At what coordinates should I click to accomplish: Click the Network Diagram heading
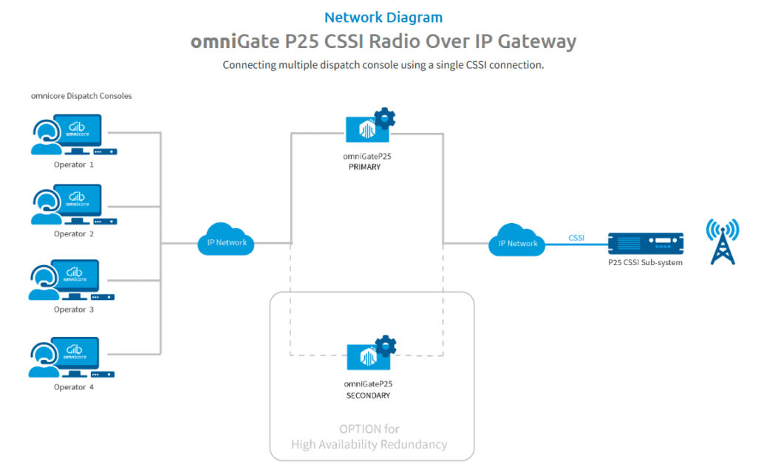point(383,17)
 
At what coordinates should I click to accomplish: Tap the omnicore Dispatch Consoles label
point(81,96)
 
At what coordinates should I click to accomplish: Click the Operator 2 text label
point(74,234)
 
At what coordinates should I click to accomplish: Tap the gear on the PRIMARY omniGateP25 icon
point(384,118)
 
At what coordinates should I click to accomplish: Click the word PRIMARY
point(364,167)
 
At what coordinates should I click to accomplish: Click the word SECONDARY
point(368,396)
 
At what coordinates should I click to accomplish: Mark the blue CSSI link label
point(576,237)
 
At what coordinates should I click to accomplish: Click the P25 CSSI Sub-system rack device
point(645,243)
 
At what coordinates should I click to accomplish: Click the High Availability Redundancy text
point(369,444)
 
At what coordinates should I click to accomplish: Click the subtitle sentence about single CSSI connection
point(383,65)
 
